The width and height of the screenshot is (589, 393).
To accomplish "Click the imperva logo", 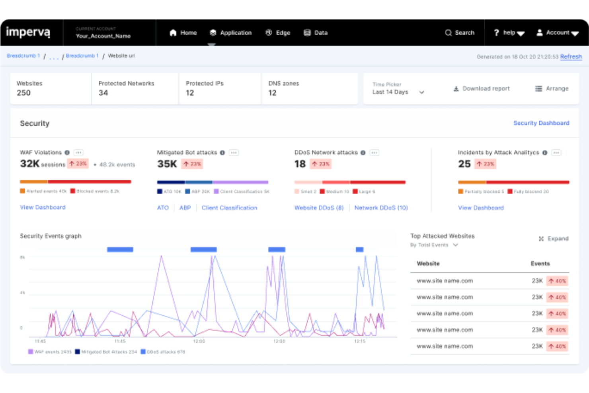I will (28, 32).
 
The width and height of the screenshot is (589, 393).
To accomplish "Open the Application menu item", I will (231, 33).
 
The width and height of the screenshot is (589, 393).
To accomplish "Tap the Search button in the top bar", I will (460, 33).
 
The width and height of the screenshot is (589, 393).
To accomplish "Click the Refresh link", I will (571, 57).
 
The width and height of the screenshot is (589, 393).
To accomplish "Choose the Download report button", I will (482, 88).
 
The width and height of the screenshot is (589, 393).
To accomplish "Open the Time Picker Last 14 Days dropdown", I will (398, 88).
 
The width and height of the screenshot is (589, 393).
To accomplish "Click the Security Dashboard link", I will (541, 123).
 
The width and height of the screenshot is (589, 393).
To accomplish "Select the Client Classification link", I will (229, 208).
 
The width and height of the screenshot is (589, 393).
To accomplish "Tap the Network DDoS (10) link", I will (381, 208).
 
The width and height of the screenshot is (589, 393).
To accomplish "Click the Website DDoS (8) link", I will (319, 208).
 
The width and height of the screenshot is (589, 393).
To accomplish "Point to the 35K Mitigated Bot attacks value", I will (167, 164).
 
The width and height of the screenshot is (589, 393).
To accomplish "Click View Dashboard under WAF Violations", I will (43, 207).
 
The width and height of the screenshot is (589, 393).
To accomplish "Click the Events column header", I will (540, 264).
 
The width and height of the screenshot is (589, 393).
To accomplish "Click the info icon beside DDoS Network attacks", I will (363, 153).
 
